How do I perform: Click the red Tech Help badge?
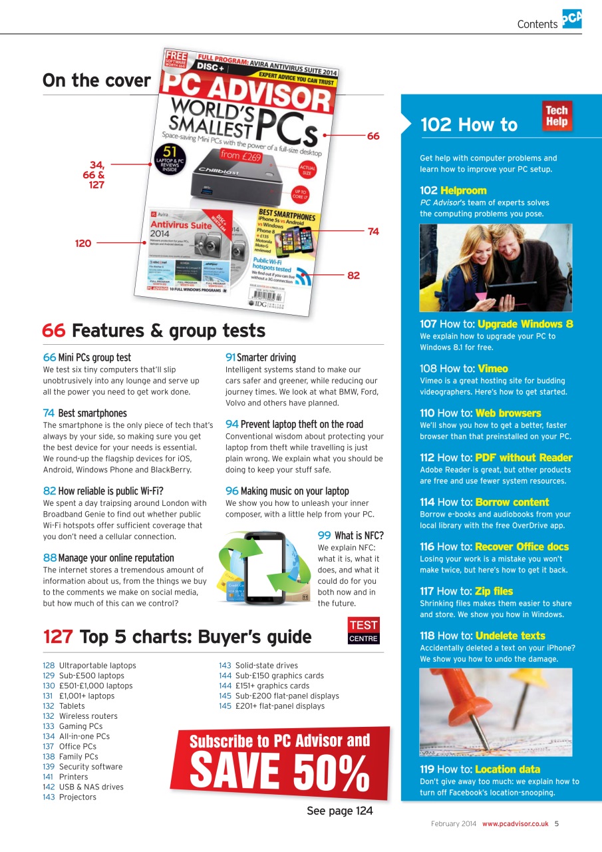557,116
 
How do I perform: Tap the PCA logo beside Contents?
571,19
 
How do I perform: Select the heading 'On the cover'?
96,81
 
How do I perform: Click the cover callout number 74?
373,232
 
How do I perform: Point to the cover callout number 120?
82,244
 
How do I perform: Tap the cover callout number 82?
353,275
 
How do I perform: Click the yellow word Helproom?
463,190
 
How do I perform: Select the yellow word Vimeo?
492,369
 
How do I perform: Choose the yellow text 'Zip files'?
494,591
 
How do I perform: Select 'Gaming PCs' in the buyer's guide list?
80,726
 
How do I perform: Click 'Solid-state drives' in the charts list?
266,665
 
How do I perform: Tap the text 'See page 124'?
339,811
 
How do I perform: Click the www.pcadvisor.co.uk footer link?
516,823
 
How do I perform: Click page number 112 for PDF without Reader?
428,458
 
